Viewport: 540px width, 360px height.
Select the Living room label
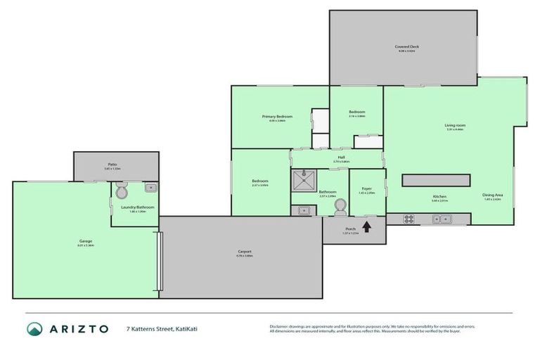[456, 125]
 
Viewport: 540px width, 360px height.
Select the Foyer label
[367, 188]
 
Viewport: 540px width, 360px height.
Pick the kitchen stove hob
[409, 219]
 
